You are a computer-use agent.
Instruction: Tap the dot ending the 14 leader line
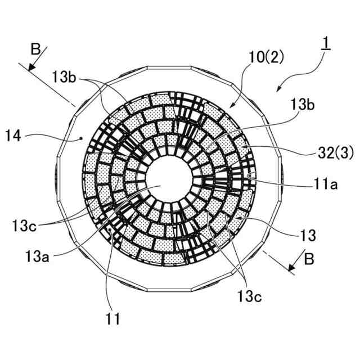82,138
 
